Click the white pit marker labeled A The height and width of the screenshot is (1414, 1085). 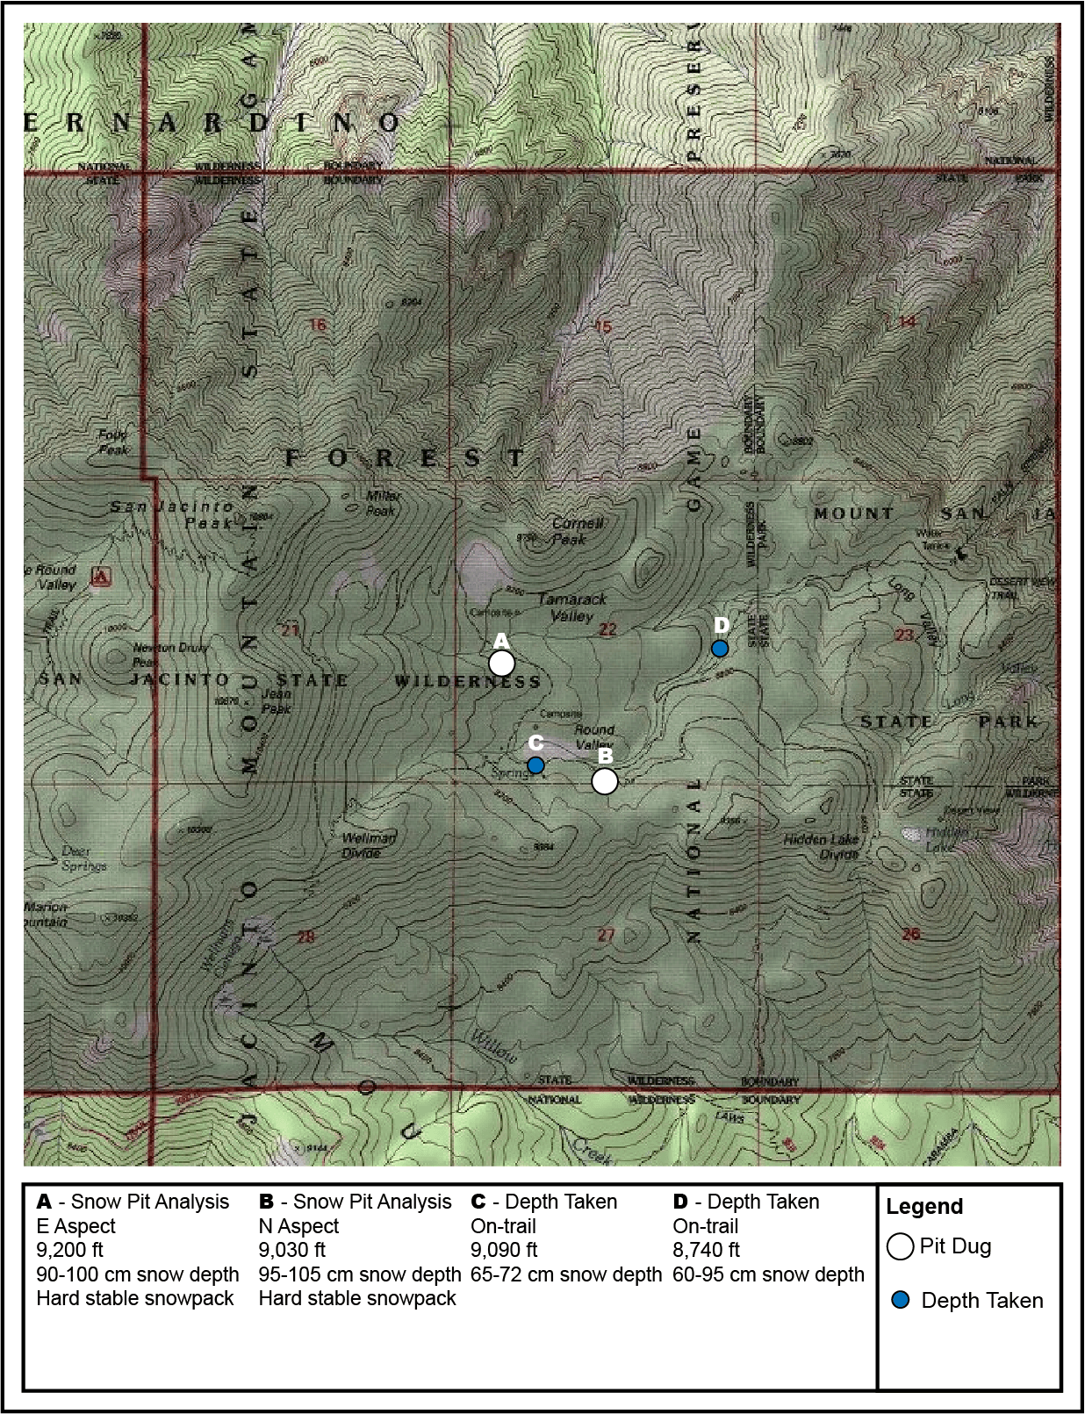[501, 663]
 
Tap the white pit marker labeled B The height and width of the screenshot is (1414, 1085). [605, 780]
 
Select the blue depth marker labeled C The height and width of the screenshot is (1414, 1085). [535, 765]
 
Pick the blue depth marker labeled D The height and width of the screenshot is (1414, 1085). [720, 649]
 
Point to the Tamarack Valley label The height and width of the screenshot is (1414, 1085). [572, 607]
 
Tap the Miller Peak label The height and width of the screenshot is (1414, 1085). [382, 503]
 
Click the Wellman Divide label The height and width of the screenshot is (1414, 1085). [369, 845]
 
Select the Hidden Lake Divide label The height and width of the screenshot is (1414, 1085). [821, 846]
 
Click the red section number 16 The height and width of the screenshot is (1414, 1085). [318, 325]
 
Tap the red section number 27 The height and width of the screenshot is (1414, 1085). [606, 935]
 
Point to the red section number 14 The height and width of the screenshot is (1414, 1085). [907, 322]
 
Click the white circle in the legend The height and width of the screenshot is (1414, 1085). [901, 1246]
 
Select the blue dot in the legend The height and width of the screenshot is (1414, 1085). [901, 1300]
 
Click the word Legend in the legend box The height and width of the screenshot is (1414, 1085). [924, 1206]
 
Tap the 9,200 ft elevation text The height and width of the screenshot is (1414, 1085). [70, 1250]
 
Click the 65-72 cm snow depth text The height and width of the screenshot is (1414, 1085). [566, 1274]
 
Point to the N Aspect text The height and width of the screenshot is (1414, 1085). [298, 1226]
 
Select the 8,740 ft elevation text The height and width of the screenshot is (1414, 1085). [707, 1250]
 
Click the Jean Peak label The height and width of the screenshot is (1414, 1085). [276, 700]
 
